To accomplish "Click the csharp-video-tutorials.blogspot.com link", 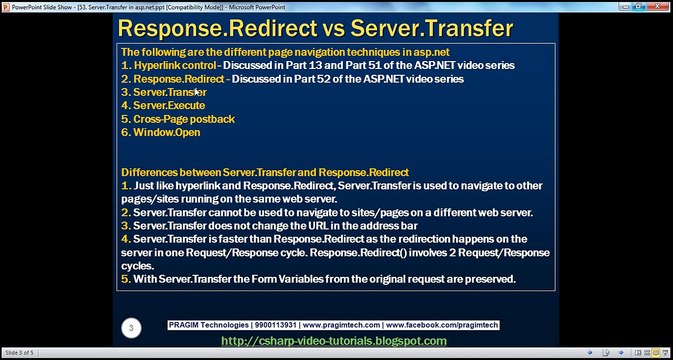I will point(333,341).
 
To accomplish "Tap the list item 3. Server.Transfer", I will point(163,91).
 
